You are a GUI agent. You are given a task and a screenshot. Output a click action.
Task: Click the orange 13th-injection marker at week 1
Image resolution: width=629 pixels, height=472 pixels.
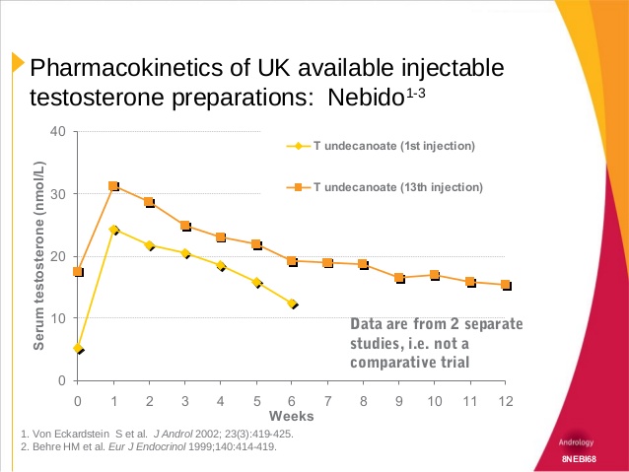[113, 185]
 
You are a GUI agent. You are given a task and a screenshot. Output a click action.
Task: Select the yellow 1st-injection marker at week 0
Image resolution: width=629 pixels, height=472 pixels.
[78, 348]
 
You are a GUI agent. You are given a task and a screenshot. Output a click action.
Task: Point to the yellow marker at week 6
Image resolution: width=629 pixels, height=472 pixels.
[292, 303]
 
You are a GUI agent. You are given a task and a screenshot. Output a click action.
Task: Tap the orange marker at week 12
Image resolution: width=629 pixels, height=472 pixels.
[506, 285]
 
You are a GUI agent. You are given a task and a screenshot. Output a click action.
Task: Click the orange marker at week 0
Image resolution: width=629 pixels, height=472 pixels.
[78, 272]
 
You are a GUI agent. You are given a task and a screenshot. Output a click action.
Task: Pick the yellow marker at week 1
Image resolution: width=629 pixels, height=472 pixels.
[113, 230]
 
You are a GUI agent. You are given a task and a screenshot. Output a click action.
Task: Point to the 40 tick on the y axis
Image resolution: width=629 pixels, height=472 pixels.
[58, 132]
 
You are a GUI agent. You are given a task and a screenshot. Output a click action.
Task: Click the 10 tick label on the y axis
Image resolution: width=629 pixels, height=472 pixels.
[58, 318]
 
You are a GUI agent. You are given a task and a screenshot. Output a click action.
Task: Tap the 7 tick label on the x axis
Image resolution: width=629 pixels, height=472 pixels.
[327, 399]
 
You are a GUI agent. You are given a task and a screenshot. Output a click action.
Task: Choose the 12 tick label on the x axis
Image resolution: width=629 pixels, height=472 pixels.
[506, 399]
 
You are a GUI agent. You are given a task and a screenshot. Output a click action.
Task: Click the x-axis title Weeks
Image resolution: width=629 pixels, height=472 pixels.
[291, 416]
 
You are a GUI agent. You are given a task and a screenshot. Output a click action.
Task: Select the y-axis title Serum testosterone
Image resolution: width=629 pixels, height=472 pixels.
[39, 256]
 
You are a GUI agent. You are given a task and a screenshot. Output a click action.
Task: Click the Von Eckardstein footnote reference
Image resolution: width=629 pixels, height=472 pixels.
[156, 434]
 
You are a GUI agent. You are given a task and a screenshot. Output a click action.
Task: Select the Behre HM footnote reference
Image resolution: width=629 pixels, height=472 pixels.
[149, 446]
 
